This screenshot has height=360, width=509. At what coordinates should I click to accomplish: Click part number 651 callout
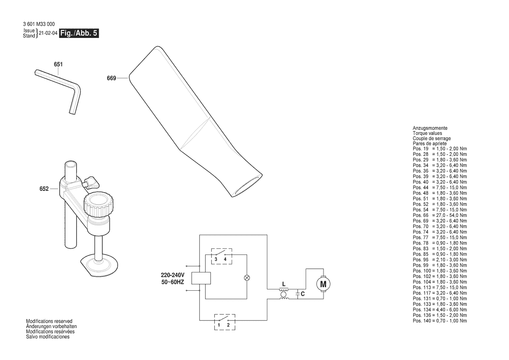58,65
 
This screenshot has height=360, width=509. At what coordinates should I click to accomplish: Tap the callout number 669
111,78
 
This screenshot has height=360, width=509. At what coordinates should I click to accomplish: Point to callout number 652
44,189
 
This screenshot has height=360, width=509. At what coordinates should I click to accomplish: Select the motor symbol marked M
323,284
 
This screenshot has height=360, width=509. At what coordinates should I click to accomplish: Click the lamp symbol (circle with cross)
247,277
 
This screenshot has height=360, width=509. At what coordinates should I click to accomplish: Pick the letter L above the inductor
284,284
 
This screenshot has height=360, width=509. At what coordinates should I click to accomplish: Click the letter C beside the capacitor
303,294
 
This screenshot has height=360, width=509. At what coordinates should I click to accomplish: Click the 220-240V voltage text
173,275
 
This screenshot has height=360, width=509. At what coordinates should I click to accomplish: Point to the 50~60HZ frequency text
173,282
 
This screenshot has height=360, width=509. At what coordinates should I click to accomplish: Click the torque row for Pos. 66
440,215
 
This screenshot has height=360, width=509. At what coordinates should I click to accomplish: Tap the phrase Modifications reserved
49,321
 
